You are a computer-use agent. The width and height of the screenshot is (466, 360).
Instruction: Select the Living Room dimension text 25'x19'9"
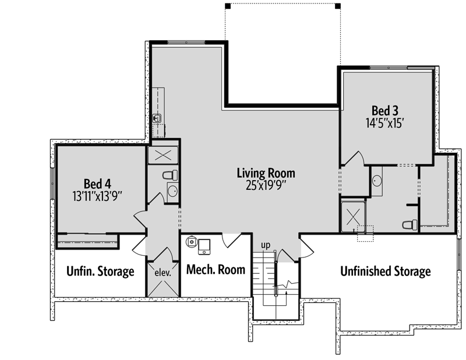pos(266,185)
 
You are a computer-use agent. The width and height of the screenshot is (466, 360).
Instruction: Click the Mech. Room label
pos(215,270)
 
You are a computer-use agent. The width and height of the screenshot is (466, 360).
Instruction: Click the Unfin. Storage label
pos(100,271)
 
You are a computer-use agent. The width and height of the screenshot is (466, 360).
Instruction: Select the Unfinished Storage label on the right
pos(386,271)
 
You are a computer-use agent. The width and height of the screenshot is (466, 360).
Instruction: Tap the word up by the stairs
pos(265,245)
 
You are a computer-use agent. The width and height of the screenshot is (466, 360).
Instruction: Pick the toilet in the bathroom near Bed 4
pos(169,175)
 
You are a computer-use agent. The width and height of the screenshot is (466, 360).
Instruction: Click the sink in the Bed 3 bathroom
pos(377,181)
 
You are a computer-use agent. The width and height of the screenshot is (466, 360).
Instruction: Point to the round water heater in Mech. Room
pos(192,241)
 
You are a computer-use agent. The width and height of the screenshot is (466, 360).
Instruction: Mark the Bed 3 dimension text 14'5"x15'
pos(385,123)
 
